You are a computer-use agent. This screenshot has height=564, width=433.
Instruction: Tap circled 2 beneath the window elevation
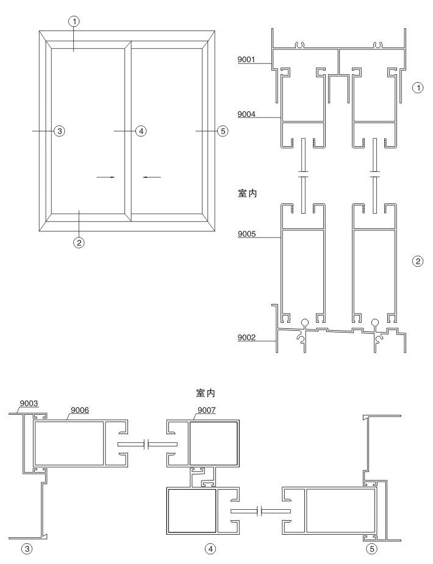[x=79, y=242]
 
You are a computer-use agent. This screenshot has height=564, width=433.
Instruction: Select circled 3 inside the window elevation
[x=59, y=131]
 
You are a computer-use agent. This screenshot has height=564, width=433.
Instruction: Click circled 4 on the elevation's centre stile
[x=140, y=131]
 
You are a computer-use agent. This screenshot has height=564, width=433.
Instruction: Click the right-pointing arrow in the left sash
[x=106, y=177]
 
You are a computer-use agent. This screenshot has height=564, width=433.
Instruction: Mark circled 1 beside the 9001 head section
[x=418, y=88]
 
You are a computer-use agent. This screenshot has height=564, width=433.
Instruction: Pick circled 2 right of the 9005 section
[x=418, y=261]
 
